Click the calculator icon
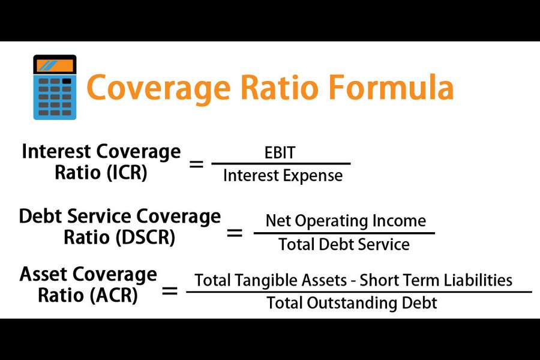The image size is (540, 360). pyautogui.click(x=55, y=87)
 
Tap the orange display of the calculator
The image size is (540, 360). pyautogui.click(x=55, y=65)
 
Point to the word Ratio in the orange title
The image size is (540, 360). pyautogui.click(x=279, y=87)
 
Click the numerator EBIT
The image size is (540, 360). pyautogui.click(x=280, y=152)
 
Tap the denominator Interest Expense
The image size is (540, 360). pyautogui.click(x=283, y=175)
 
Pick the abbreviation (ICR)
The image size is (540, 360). pyautogui.click(x=127, y=172)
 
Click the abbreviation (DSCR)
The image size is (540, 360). pyautogui.click(x=145, y=238)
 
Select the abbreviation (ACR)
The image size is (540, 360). pyautogui.click(x=113, y=295)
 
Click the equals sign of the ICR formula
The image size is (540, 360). pyautogui.click(x=196, y=164)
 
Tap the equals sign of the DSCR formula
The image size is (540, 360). pyautogui.click(x=235, y=233)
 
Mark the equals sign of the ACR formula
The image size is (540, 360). pyautogui.click(x=170, y=292)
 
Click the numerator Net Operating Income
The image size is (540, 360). pyautogui.click(x=346, y=221)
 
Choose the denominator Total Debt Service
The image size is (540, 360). pyautogui.click(x=344, y=244)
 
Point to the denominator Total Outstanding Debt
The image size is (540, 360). pyautogui.click(x=352, y=303)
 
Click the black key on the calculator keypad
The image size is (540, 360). pyautogui.click(x=67, y=82)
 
